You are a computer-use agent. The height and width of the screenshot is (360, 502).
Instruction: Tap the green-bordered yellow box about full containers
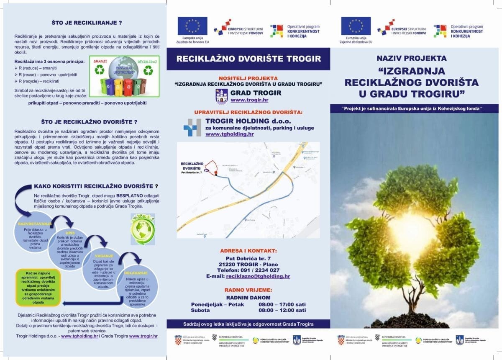point(38,287)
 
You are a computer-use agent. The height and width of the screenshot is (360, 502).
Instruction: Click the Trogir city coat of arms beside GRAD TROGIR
point(221,96)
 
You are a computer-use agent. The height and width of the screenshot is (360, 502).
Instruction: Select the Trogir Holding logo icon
point(192,127)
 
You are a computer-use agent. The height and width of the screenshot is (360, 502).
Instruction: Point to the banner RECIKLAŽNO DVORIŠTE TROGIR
point(248,59)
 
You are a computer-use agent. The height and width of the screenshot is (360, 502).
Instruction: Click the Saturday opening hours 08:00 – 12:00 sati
point(282,310)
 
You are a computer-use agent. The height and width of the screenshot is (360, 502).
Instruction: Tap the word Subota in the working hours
point(200,310)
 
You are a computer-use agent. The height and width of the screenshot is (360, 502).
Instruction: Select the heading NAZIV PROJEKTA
point(411,59)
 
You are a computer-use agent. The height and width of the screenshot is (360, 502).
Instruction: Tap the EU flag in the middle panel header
point(192,26)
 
